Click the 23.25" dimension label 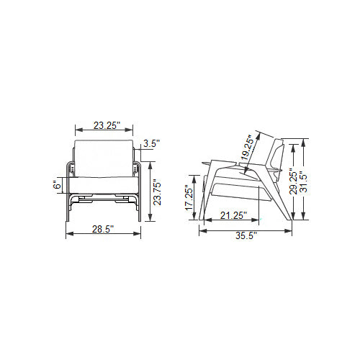[107, 125]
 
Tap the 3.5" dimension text [151, 143]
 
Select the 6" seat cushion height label [58, 185]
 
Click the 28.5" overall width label [103, 229]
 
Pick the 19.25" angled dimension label [248, 148]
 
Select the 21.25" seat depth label [233, 215]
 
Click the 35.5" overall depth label [246, 235]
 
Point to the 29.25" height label [293, 182]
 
